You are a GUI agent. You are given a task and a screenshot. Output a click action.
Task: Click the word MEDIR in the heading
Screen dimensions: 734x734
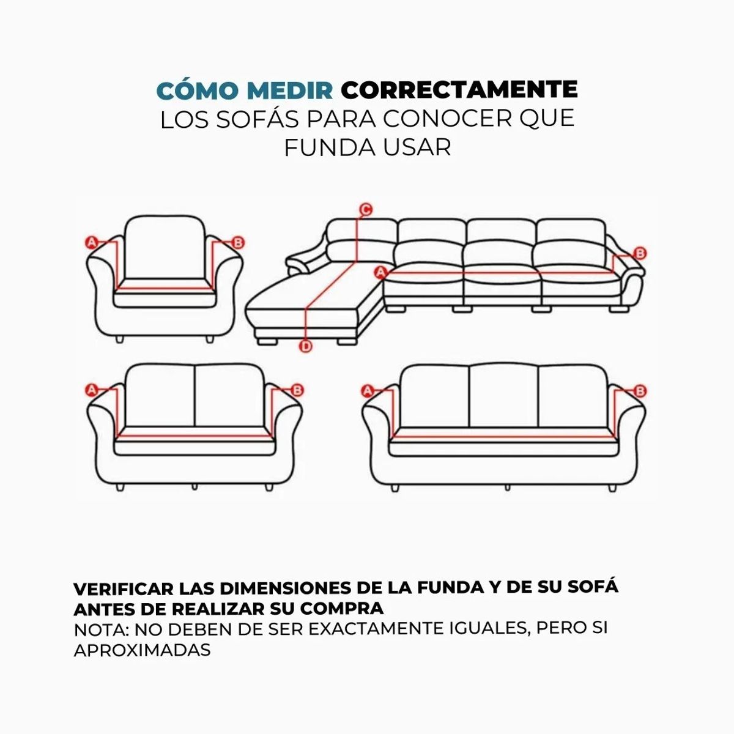(x=290, y=90)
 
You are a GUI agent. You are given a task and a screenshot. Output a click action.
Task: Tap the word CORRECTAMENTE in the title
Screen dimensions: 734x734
(x=459, y=90)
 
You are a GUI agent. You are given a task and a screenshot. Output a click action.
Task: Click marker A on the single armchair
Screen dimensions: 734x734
(x=92, y=242)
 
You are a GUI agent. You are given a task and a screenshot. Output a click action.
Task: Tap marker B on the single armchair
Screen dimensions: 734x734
(x=238, y=243)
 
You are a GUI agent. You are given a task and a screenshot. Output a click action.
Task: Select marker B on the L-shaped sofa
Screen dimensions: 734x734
(x=640, y=253)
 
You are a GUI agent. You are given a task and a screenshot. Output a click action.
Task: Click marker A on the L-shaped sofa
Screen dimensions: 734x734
(x=381, y=272)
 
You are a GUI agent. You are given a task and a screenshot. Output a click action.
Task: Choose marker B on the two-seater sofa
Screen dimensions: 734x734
(x=298, y=390)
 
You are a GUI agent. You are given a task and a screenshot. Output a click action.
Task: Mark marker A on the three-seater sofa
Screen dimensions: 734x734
(x=368, y=391)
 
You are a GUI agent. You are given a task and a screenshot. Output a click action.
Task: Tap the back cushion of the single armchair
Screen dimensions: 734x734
(x=165, y=251)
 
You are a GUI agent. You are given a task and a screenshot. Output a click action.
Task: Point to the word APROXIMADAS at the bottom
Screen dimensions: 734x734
(x=142, y=650)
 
